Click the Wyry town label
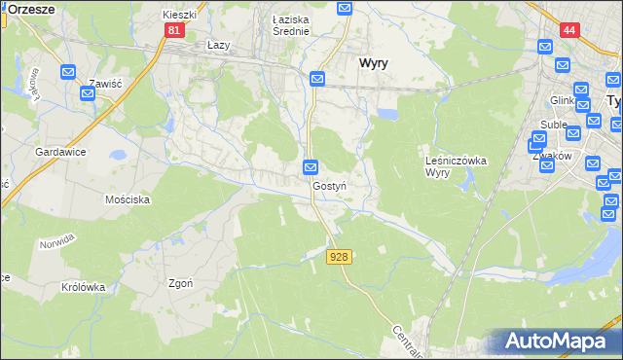[373, 62]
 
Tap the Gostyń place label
[330, 185]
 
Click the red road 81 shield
[173, 30]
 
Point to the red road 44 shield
[569, 30]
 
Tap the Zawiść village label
[102, 85]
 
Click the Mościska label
[127, 198]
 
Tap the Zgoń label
[180, 283]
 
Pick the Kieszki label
[180, 16]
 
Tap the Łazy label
[218, 46]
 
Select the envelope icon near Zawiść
[68, 72]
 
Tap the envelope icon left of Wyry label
[317, 79]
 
